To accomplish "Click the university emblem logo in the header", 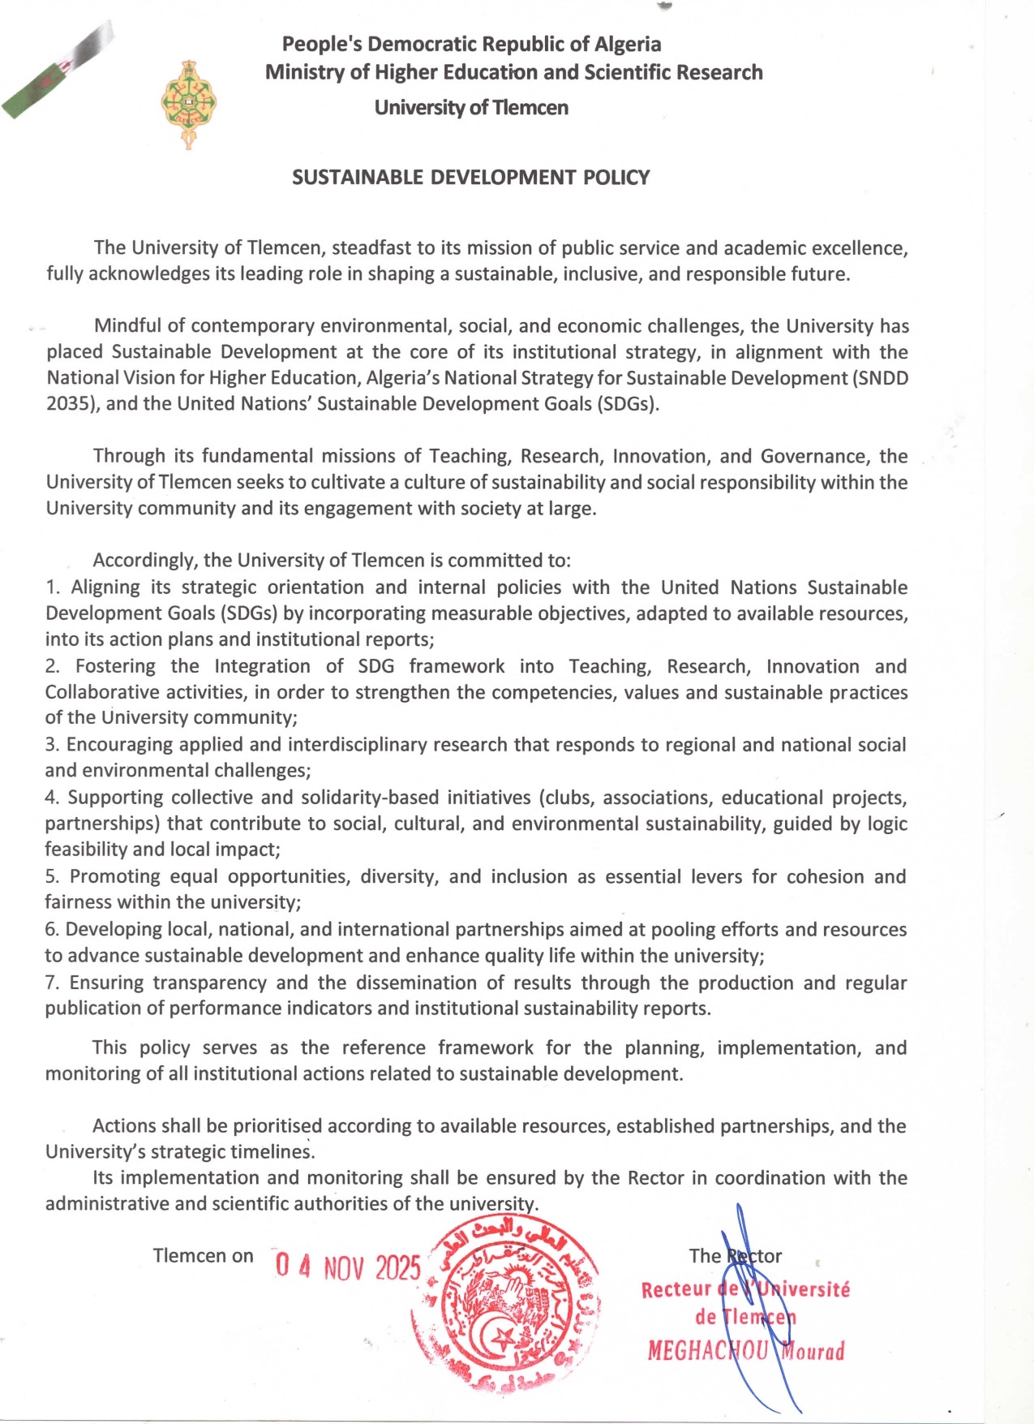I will click(188, 104).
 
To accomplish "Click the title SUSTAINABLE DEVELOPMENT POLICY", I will click(470, 178).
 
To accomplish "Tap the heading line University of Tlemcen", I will click(470, 107).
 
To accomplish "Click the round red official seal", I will click(507, 1303).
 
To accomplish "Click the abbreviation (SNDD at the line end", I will click(880, 378).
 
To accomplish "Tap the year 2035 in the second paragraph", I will click(67, 404).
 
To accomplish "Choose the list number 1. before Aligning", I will click(54, 587).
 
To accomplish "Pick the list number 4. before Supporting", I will click(53, 798).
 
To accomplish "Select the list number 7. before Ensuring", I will click(53, 983).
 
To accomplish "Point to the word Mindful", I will click(127, 326).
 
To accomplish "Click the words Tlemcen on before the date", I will click(203, 1256).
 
